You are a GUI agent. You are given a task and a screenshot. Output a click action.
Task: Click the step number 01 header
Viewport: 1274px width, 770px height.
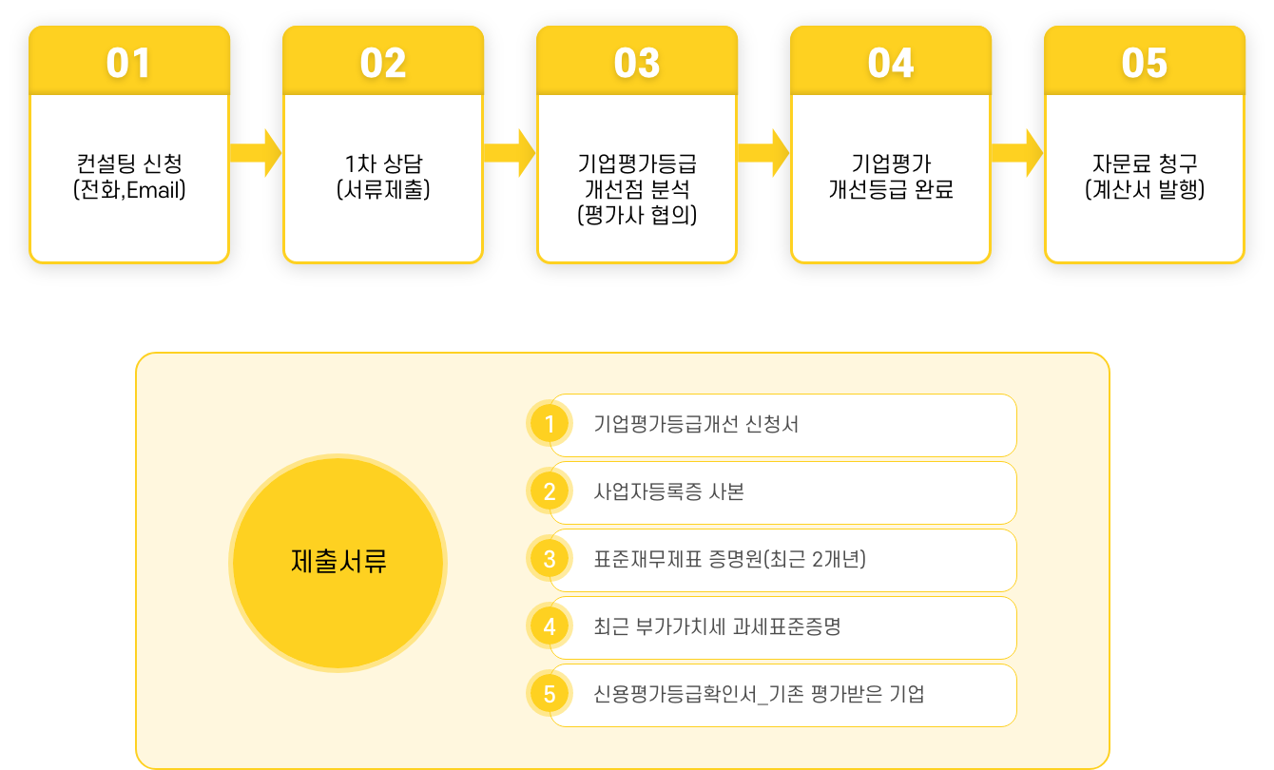[129, 63]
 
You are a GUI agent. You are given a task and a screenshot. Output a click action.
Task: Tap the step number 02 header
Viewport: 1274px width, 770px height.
[383, 63]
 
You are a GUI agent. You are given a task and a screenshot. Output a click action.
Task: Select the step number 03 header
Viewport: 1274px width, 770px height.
[637, 63]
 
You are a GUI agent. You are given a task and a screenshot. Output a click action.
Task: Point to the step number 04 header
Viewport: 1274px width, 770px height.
[891, 63]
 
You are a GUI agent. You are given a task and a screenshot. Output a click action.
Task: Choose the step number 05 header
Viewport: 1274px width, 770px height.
[1145, 63]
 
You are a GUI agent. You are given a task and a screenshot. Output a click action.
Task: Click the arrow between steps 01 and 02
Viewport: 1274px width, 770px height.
[257, 152]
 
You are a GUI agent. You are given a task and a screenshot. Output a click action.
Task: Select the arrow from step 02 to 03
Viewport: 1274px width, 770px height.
[511, 152]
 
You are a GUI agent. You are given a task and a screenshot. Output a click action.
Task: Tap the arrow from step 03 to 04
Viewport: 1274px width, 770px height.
[764, 152]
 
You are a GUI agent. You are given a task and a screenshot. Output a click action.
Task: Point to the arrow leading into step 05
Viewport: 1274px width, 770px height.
[1018, 152]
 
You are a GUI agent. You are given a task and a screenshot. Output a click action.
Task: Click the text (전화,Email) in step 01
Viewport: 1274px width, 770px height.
[129, 190]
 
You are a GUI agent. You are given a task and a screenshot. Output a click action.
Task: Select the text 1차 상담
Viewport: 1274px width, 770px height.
[383, 163]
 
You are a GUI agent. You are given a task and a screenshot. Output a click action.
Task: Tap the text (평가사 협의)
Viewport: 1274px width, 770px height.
[637, 216]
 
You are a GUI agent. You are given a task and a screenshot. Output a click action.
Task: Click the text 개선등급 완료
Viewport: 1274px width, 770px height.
[891, 190]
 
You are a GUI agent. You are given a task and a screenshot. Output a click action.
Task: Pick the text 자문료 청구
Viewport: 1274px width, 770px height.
[1145, 163]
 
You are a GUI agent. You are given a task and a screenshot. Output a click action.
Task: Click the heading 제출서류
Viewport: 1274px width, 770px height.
[338, 561]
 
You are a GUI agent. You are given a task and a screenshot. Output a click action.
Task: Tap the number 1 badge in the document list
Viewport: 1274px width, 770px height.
[550, 425]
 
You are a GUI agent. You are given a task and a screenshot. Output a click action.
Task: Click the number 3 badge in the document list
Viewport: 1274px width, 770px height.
[550, 560]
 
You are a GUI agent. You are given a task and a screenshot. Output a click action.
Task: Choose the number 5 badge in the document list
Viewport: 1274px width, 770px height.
[550, 695]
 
